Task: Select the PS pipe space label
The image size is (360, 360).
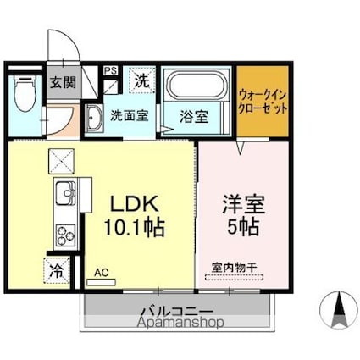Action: click(x=111, y=71)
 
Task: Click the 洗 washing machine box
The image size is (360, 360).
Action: click(x=141, y=82)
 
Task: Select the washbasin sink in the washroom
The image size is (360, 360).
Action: click(x=94, y=118)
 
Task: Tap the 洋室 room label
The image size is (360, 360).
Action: click(x=241, y=204)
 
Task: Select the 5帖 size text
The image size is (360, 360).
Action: click(x=241, y=227)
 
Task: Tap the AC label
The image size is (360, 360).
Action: click(x=102, y=272)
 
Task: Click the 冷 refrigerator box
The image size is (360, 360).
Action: click(x=56, y=273)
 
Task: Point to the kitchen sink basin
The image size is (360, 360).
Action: click(x=64, y=198)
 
